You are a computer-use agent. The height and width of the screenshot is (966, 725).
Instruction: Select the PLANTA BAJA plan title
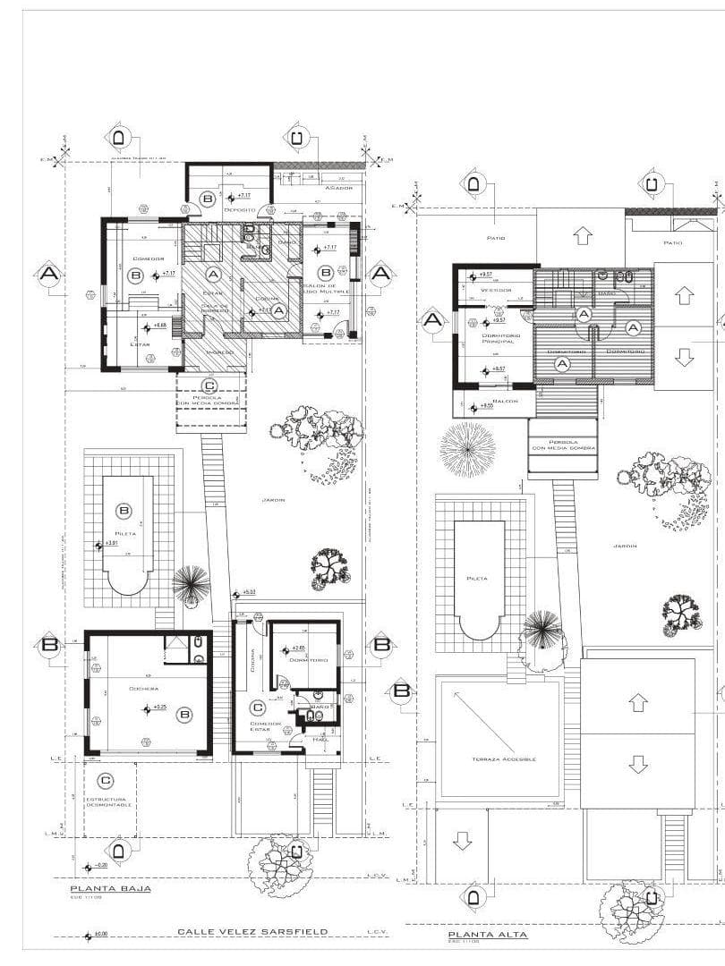click(x=111, y=888)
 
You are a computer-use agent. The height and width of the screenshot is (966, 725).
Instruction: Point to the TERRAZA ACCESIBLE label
click(x=504, y=758)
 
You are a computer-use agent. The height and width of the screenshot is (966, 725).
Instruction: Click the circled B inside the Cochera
click(x=184, y=715)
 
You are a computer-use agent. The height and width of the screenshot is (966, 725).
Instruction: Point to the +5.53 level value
click(x=249, y=592)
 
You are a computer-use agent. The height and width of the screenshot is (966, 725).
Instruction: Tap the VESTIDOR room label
click(x=495, y=290)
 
